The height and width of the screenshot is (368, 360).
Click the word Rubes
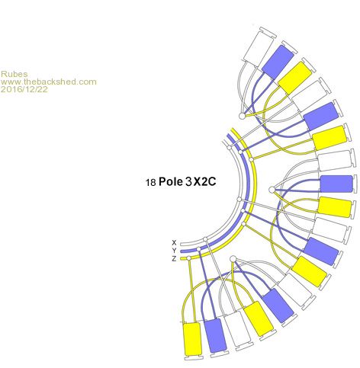pos(14,74)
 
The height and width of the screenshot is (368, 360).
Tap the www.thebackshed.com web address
pos(49,82)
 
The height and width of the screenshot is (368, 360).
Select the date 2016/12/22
pos(24,89)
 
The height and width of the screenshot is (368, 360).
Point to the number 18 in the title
pos(150,182)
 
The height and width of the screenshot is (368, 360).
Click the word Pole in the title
pos(171,181)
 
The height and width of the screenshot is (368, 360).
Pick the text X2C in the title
pos(204,181)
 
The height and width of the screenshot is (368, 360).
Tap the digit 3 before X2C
pos(188,181)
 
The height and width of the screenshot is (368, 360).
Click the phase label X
pos(174,242)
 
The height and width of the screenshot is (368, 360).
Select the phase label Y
pos(174,251)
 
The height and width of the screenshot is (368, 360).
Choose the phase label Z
pos(174,259)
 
